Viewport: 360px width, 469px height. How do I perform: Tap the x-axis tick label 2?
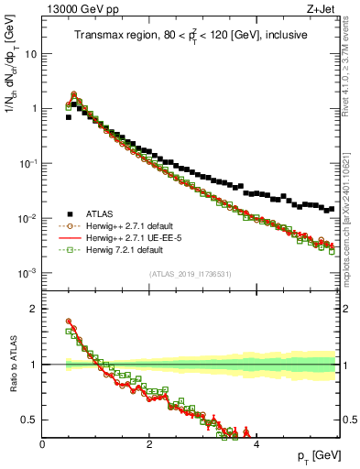[149, 444]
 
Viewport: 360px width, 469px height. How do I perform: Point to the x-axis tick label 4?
[256, 444]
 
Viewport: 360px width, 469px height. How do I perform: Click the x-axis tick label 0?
[42, 444]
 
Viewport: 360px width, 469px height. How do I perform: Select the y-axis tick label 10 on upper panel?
[29, 54]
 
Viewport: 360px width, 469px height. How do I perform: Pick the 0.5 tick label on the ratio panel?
[29, 420]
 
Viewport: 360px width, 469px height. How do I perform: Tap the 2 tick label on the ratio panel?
[33, 309]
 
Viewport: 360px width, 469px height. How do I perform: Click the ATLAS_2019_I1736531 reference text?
[191, 274]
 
